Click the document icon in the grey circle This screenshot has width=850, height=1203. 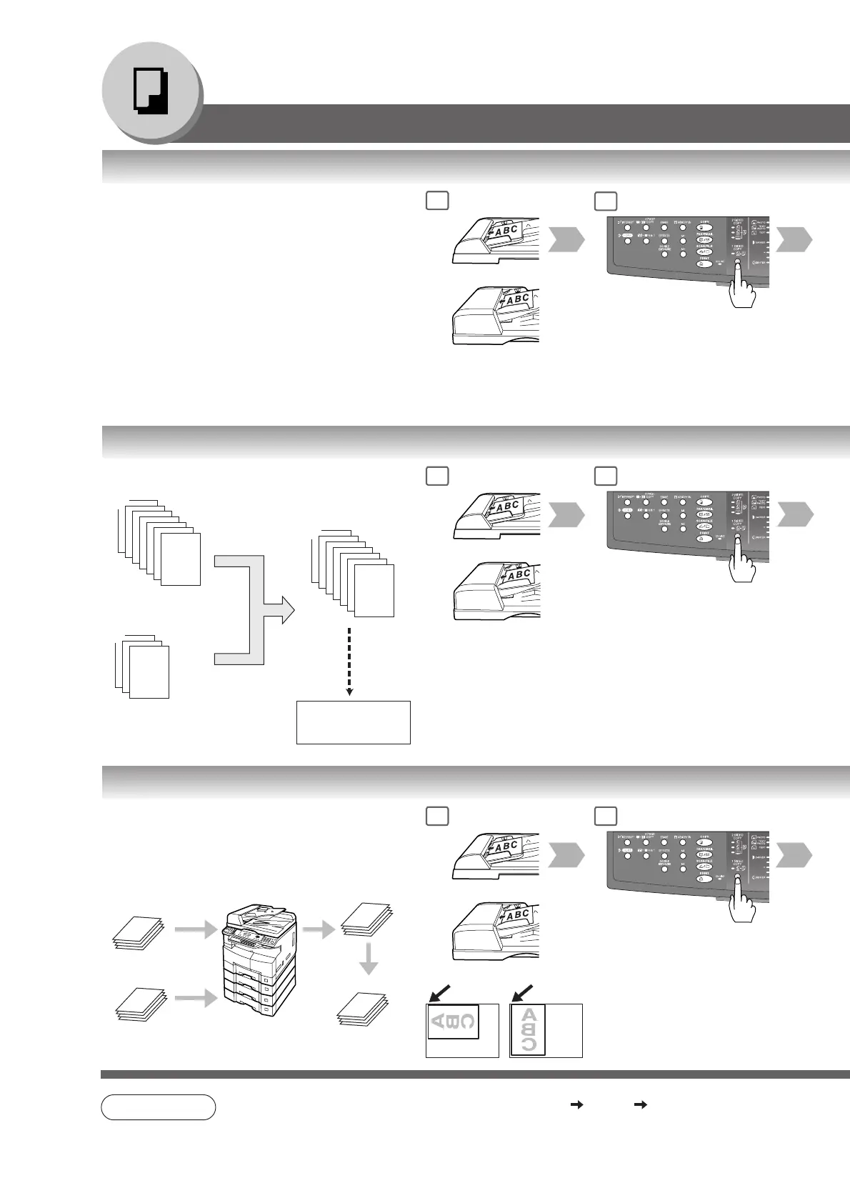coord(151,92)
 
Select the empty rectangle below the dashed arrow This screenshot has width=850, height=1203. coord(353,722)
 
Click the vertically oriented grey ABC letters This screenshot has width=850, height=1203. coord(529,1029)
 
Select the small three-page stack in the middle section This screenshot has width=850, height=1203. coord(143,664)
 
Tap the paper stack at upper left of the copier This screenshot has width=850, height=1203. coord(139,933)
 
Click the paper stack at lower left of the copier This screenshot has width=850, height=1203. coord(140,1005)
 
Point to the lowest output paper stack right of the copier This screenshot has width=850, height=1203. coord(363,1009)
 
